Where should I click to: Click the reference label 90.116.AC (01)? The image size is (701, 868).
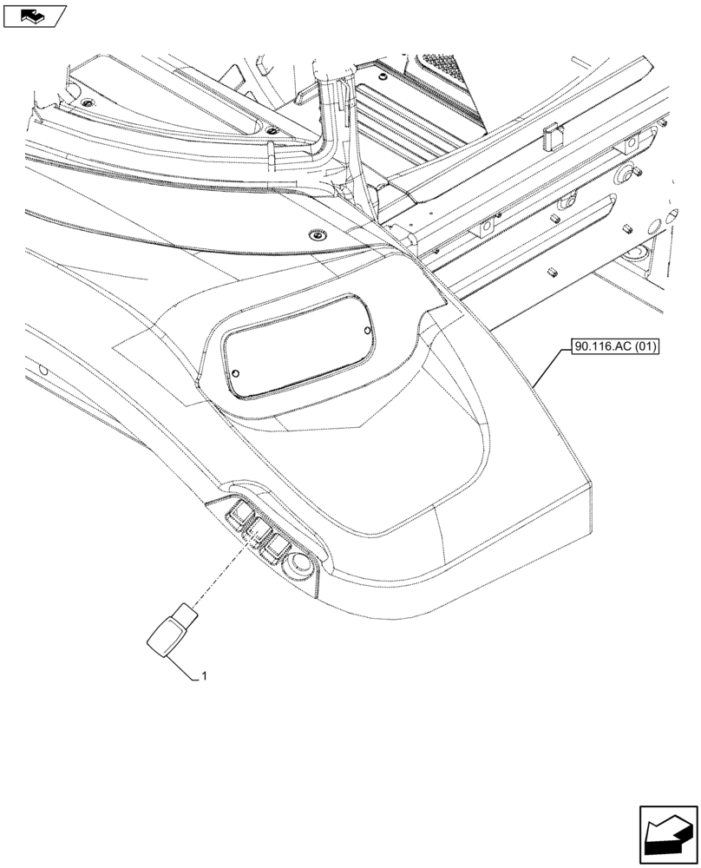point(615,348)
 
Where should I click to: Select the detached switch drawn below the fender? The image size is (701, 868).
point(170,632)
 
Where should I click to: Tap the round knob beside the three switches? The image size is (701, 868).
point(301,565)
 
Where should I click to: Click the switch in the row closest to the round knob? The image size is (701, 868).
point(279,545)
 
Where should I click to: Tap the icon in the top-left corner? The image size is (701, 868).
point(34,16)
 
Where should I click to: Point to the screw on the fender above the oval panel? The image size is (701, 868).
point(318,235)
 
